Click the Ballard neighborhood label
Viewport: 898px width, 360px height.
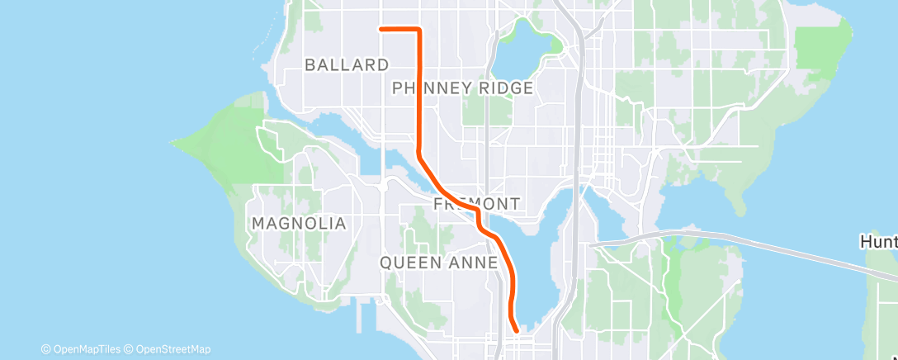(346, 64)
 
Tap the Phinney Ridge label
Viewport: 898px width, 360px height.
(462, 88)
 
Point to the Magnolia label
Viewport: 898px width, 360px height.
(299, 223)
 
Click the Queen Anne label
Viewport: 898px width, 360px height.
(438, 262)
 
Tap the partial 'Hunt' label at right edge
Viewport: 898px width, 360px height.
(879, 242)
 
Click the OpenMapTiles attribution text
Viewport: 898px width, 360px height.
(83, 349)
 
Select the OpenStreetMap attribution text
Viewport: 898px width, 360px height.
(170, 349)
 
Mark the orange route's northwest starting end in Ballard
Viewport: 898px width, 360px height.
(380, 29)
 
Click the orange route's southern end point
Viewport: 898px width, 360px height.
(517, 330)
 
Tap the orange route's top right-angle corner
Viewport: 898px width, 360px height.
(420, 30)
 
